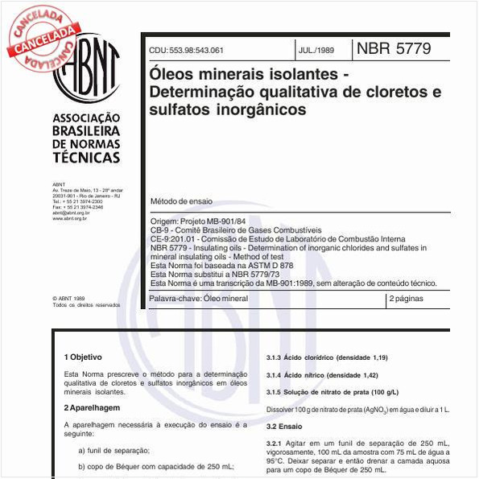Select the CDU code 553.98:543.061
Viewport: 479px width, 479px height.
coord(186,50)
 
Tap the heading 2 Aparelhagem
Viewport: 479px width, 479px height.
coord(93,408)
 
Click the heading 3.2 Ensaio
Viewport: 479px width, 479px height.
coord(284,427)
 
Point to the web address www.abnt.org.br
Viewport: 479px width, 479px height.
coord(70,218)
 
